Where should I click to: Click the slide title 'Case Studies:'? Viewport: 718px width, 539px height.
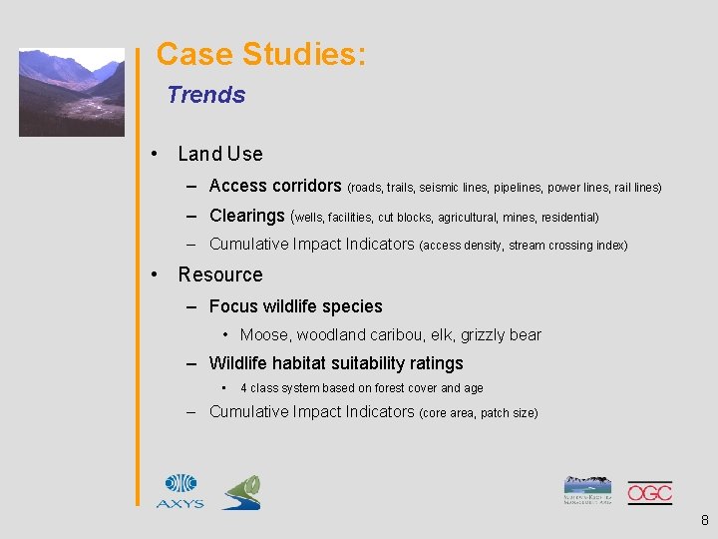(x=261, y=54)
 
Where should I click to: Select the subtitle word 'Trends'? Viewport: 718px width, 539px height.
(x=205, y=95)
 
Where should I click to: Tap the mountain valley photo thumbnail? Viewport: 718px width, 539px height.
(x=72, y=92)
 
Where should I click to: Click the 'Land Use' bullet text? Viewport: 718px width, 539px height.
(x=219, y=154)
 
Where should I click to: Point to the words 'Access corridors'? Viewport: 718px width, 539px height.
(x=275, y=186)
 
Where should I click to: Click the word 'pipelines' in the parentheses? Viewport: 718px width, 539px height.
(x=516, y=188)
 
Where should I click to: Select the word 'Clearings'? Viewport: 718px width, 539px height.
(x=247, y=216)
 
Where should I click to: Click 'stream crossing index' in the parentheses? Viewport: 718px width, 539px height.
(x=567, y=246)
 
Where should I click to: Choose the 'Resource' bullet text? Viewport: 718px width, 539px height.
(x=220, y=274)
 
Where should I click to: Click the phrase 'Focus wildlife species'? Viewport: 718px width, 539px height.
(x=296, y=306)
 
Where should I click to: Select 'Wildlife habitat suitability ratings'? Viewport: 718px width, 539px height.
(x=336, y=363)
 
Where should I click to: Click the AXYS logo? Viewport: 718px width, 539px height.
(x=179, y=491)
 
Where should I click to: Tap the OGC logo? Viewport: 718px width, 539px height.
(x=649, y=492)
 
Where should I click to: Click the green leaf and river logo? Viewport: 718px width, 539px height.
(x=241, y=492)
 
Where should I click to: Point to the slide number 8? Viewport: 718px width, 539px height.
(x=704, y=520)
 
